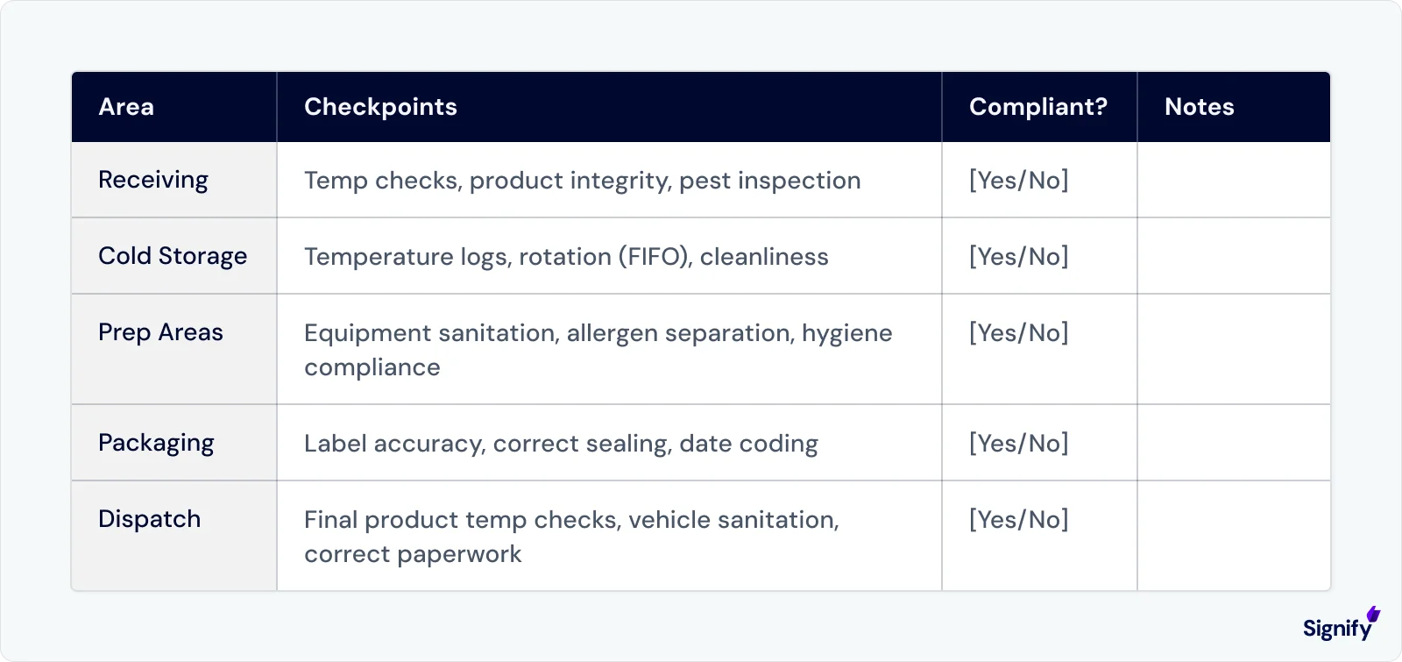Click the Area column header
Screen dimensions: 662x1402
tap(126, 107)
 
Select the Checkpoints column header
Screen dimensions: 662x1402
tap(380, 107)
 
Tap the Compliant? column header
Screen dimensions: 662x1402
tap(1037, 107)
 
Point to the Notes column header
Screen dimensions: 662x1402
tap(1199, 107)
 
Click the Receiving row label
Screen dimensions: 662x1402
tap(153, 180)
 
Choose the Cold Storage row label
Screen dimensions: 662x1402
tap(173, 256)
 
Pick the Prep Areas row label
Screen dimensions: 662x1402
tap(160, 332)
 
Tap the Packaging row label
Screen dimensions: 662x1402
tap(156, 443)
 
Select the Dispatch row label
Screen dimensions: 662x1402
tap(149, 519)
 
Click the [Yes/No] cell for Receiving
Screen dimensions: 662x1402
tap(1018, 180)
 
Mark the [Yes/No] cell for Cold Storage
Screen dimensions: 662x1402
tap(1018, 256)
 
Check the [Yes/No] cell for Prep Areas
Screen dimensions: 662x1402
tap(1018, 332)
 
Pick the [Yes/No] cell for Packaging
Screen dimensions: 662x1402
tap(1018, 443)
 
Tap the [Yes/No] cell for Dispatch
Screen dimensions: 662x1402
tap(1018, 519)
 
